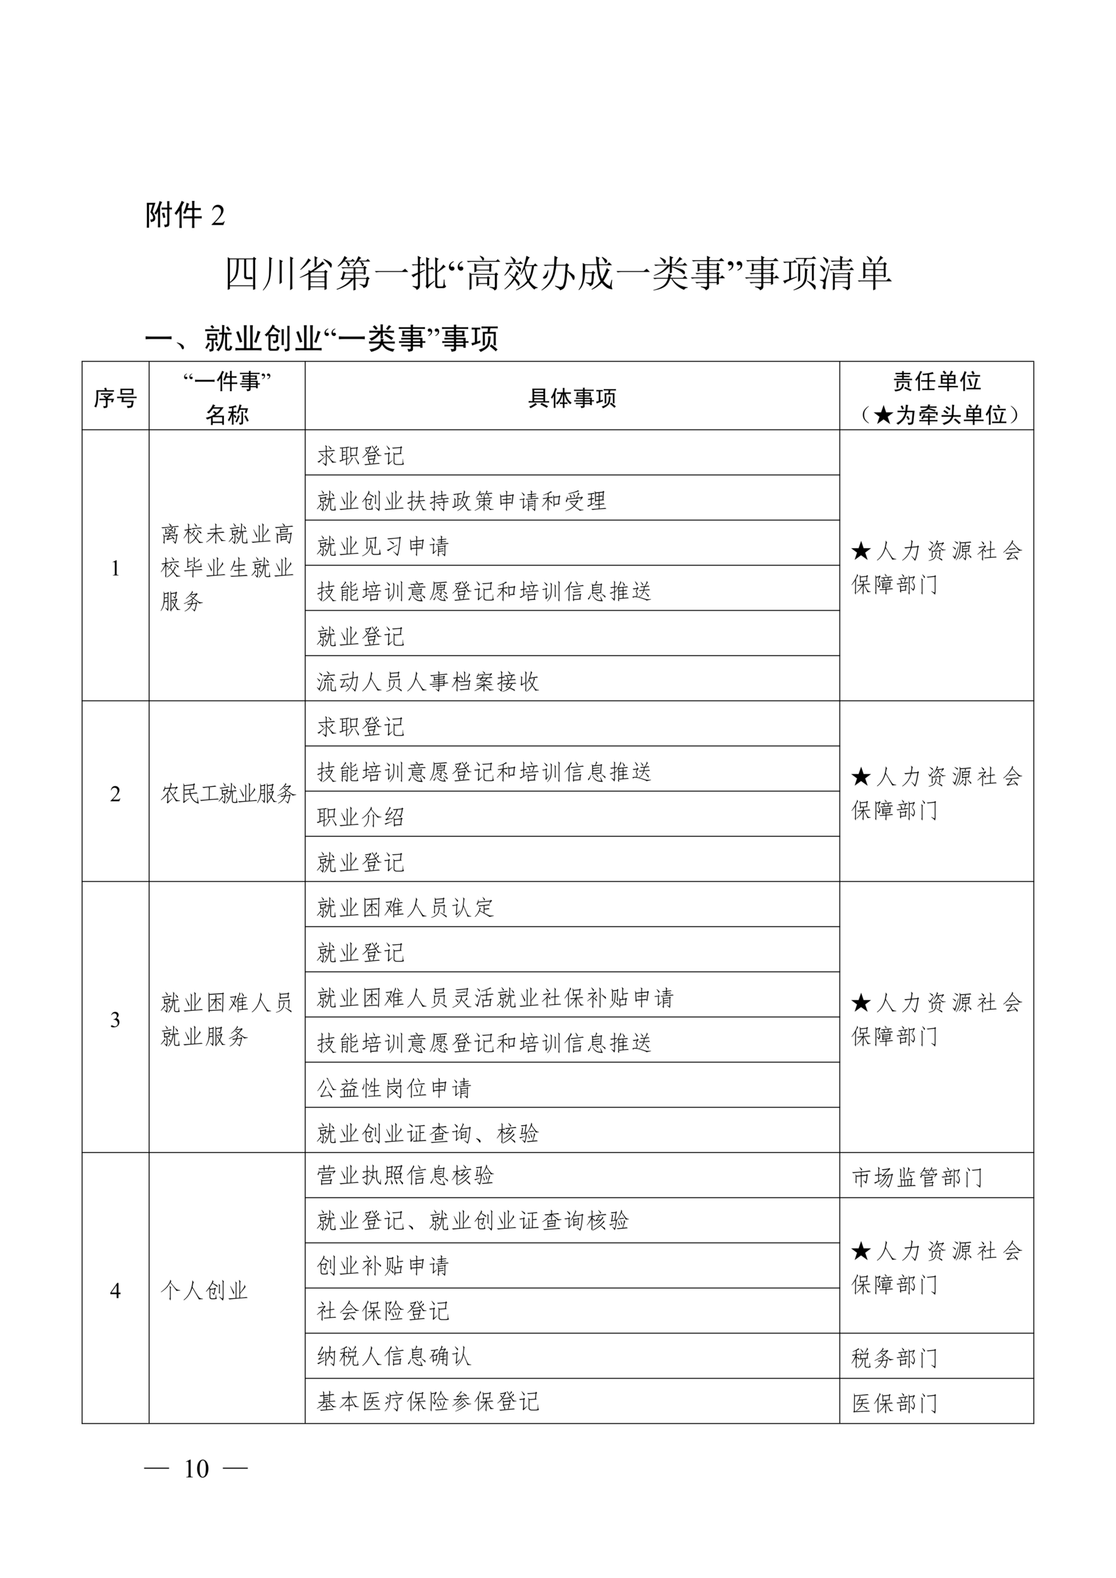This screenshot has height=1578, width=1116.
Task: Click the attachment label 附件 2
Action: (185, 216)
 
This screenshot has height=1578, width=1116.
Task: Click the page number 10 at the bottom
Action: (196, 1469)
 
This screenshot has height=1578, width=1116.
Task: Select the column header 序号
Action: (116, 398)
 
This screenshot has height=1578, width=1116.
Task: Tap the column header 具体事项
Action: (572, 398)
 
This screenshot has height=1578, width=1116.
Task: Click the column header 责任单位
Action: (936, 381)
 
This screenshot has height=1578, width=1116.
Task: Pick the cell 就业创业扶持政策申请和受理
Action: (461, 501)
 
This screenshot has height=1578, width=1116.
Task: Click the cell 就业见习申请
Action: (383, 546)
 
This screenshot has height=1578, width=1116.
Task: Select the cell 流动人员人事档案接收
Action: (427, 682)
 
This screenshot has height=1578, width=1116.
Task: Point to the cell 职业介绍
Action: (361, 817)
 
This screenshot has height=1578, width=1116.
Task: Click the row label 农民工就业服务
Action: (227, 794)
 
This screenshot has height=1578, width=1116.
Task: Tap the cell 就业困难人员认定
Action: (406, 908)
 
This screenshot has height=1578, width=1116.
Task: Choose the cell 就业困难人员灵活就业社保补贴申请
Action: (496, 998)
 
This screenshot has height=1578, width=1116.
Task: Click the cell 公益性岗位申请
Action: (395, 1088)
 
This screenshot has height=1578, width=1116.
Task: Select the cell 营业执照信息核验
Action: (406, 1175)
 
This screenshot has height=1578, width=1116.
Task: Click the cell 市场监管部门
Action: (917, 1178)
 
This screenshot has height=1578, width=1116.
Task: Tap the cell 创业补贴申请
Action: (383, 1266)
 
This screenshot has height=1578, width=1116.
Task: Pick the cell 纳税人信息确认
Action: (395, 1356)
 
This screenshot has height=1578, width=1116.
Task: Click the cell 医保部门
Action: (895, 1403)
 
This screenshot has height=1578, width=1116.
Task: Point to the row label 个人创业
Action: (204, 1290)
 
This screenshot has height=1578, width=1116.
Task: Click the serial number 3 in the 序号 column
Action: (116, 1020)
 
